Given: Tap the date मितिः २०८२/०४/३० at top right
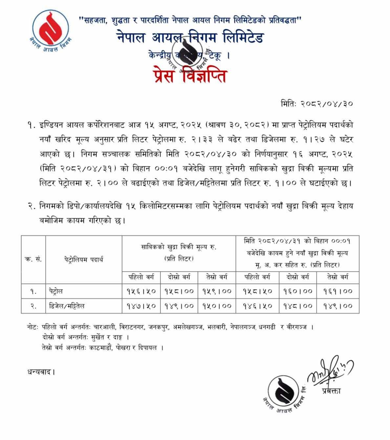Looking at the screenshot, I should (317, 104).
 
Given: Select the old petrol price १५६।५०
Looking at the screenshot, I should (141, 291).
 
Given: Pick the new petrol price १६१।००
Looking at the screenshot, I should (338, 291).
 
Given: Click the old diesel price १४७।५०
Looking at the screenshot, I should (141, 306).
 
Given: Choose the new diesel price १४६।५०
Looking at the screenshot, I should (257, 306).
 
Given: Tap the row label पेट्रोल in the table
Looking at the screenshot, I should (54, 291).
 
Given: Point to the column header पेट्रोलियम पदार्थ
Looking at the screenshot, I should (84, 259).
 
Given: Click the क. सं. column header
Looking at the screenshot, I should (33, 259).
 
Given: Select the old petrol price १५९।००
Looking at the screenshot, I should (216, 291).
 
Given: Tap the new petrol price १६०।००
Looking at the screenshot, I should (298, 291).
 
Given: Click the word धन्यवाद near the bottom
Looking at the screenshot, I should (40, 372).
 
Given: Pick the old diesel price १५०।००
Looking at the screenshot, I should (216, 306).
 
